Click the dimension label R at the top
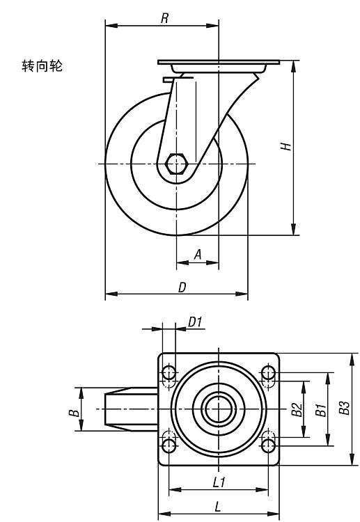tap(164, 18)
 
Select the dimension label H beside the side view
tap(285, 146)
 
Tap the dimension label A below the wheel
tap(198, 255)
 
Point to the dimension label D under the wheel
tap(182, 287)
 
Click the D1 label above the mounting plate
tap(195, 322)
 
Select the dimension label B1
tap(320, 410)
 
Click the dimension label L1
tap(219, 482)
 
